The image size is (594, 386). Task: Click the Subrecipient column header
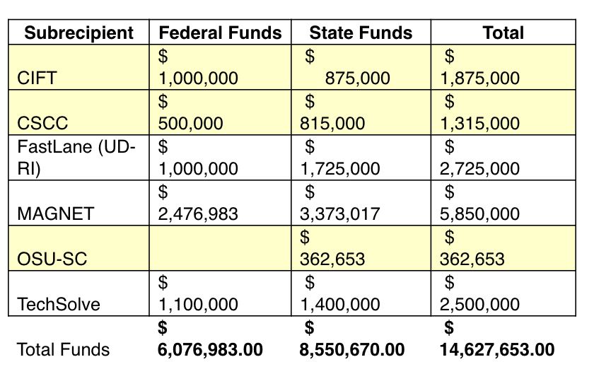[x=78, y=33]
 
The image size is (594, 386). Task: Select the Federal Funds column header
[x=220, y=33]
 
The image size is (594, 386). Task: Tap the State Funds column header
[x=361, y=33]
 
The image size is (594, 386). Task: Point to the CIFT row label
[x=35, y=78]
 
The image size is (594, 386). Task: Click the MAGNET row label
[x=55, y=214]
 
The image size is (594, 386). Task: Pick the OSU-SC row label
[x=52, y=259]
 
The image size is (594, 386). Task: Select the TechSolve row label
[x=59, y=305]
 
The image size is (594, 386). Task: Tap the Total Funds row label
[x=64, y=349]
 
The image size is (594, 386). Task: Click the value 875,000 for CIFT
[x=357, y=78]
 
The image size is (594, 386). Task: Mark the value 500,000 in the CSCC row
[x=190, y=124]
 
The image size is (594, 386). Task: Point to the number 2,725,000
[x=479, y=169]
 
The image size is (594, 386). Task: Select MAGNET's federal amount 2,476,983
[x=198, y=214]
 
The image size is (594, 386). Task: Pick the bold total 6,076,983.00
[x=210, y=349]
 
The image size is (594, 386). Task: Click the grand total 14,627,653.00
[x=497, y=349]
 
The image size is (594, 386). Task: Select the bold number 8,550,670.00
[x=352, y=349]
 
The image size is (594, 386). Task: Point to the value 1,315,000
[x=479, y=124]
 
